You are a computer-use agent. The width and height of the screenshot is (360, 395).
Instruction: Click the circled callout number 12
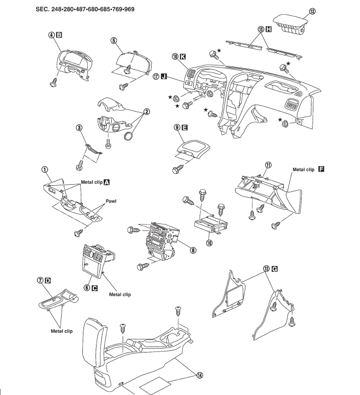(312, 11)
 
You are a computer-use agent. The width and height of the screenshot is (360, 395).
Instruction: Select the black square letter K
(182, 57)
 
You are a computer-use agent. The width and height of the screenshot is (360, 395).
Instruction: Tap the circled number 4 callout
(51, 35)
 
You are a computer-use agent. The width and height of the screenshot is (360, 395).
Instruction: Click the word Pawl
(111, 201)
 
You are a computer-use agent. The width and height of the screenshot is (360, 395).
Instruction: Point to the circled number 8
(193, 250)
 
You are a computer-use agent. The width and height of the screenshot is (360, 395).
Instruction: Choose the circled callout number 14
(200, 375)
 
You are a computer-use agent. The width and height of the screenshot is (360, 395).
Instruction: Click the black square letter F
(321, 169)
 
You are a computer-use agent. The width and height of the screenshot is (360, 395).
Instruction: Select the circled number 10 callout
(209, 243)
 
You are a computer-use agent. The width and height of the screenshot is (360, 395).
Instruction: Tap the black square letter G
(275, 269)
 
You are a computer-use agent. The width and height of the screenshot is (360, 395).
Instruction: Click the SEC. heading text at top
(85, 9)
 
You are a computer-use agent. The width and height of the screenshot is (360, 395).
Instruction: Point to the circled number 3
(80, 127)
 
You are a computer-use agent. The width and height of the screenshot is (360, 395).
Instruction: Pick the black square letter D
(47, 281)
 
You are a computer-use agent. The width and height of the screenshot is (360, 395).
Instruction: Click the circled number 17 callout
(156, 76)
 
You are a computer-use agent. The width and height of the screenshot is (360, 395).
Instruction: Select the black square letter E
(184, 127)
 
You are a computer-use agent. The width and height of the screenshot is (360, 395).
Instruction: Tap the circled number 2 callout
(146, 112)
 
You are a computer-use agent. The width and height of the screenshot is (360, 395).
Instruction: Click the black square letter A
(107, 182)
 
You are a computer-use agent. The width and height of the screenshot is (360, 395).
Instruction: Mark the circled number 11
(268, 165)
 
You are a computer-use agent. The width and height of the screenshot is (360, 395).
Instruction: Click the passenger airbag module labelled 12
(290, 25)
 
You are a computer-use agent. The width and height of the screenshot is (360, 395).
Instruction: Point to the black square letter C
(94, 288)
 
